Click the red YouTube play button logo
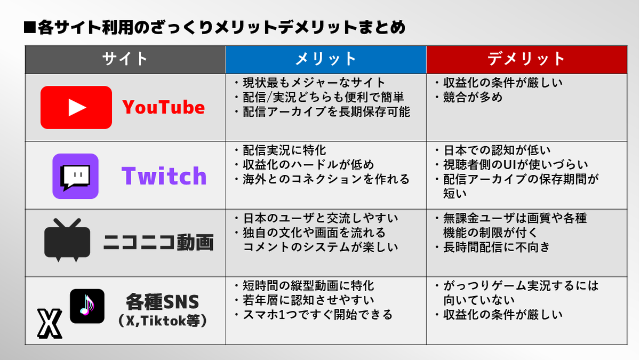(x=76, y=107)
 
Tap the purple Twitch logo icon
(x=75, y=176)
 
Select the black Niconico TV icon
(x=67, y=240)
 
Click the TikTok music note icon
(x=87, y=306)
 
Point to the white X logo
(x=50, y=323)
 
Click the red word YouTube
(x=163, y=107)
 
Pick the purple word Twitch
(x=164, y=175)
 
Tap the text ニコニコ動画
(x=158, y=243)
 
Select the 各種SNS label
(x=162, y=302)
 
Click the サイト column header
(x=125, y=59)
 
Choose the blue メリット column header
(x=326, y=59)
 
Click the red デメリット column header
(x=526, y=59)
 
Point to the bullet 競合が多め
(x=469, y=98)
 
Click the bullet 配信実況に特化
(x=280, y=150)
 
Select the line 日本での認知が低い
(x=493, y=150)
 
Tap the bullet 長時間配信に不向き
(x=493, y=247)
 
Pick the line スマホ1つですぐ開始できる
(x=314, y=315)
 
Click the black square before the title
(x=30, y=27)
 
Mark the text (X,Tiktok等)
(x=162, y=321)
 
